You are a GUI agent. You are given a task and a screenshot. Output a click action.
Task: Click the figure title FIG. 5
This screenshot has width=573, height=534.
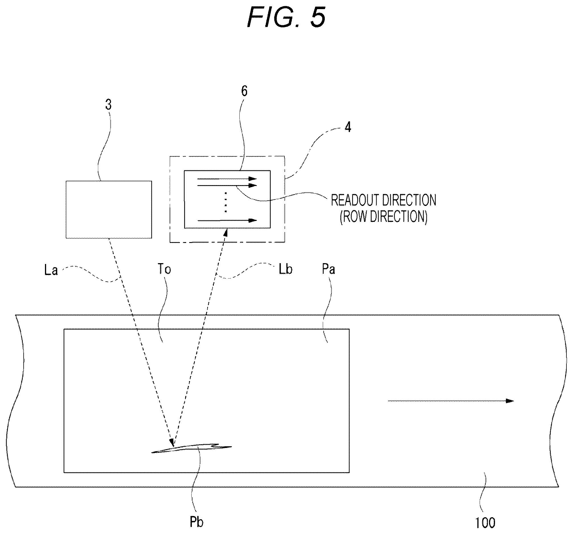click(x=286, y=18)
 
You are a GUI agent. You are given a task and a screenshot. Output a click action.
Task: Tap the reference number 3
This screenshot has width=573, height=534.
click(x=108, y=105)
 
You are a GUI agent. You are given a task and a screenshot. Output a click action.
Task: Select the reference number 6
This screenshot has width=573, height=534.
click(x=244, y=91)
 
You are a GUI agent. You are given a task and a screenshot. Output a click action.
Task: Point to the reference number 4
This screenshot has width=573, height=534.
click(x=348, y=127)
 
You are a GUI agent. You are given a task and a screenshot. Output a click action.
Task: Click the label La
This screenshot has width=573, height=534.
click(x=51, y=270)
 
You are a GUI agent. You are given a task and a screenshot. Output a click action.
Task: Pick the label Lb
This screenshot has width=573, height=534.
click(x=285, y=269)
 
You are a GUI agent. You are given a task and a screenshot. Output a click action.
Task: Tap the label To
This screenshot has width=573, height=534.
click(x=164, y=269)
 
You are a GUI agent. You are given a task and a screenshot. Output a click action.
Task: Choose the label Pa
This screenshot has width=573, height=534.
click(x=328, y=269)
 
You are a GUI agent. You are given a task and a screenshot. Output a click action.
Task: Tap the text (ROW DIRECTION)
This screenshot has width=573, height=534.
click(x=383, y=216)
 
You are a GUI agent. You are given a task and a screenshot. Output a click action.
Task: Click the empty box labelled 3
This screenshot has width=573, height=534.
click(x=109, y=210)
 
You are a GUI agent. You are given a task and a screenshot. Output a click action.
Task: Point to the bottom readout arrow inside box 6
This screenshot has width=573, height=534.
click(x=227, y=221)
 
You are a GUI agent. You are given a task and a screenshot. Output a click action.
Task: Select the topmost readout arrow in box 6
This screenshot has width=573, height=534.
click(x=227, y=179)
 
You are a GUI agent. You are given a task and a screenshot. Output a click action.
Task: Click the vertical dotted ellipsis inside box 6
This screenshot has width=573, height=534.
click(x=226, y=202)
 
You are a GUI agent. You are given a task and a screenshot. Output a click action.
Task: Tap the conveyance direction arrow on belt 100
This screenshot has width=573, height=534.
click(x=451, y=401)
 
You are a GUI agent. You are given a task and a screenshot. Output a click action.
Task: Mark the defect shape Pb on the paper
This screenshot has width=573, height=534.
click(x=191, y=448)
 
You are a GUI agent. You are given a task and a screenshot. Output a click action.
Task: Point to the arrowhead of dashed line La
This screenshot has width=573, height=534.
click(x=172, y=443)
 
